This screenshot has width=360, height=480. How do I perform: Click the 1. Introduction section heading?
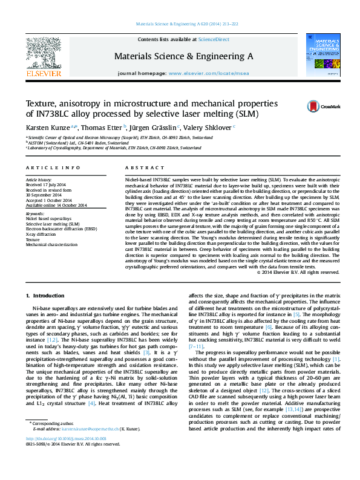tap(46, 294)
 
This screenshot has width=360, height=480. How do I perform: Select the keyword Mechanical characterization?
tap(51, 245)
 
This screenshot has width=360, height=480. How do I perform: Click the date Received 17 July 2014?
tap(45, 185)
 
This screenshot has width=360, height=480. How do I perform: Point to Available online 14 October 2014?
tap(56, 205)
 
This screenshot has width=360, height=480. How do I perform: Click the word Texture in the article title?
tap(41, 103)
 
